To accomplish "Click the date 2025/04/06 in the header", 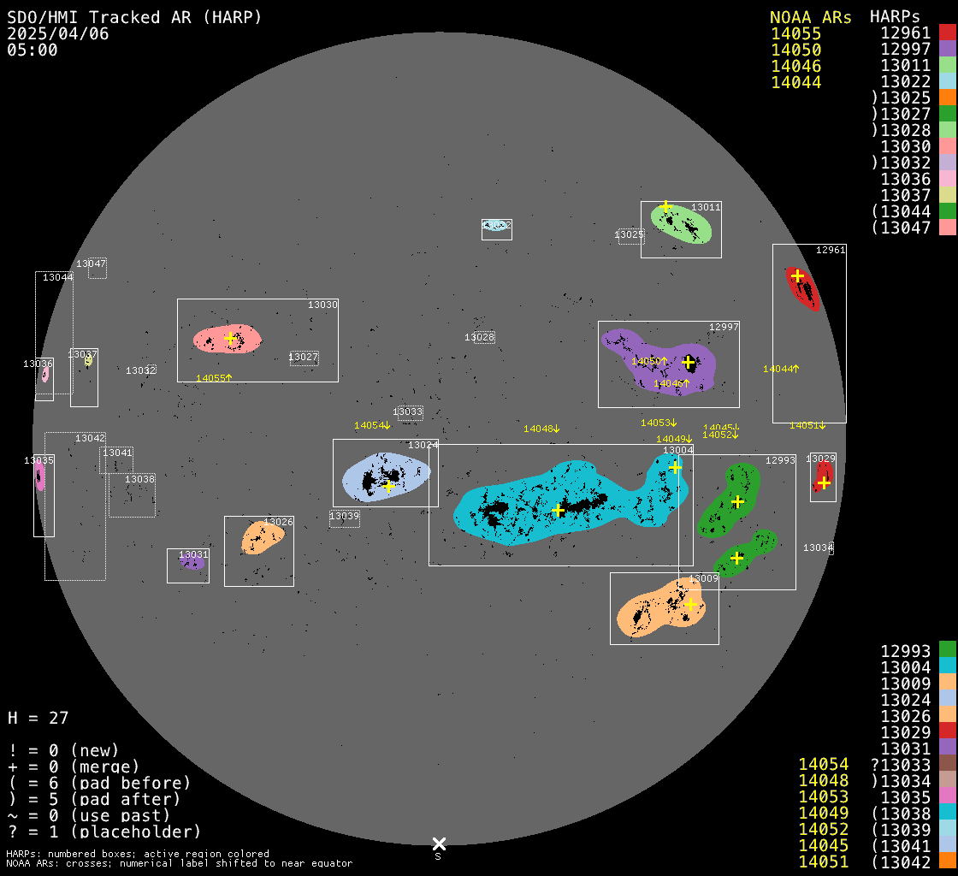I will tap(50, 33).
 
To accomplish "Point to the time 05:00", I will tap(33, 50).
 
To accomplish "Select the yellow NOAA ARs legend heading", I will tap(810, 17).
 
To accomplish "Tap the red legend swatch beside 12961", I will tap(947, 33).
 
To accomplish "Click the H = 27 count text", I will tap(38, 718).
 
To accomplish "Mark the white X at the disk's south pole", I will tap(439, 844).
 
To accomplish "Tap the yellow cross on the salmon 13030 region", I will tap(230, 338).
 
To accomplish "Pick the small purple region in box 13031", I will tap(192, 563).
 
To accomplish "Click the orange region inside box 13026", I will tap(262, 537).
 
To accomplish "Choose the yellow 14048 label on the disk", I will tap(541, 429).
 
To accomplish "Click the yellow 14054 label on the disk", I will tap(372, 425).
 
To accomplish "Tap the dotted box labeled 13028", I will tap(483, 337).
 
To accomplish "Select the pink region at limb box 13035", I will tap(39, 476).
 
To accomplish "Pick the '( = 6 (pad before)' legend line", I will tap(99, 783).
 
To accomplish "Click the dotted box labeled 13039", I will tap(345, 518).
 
